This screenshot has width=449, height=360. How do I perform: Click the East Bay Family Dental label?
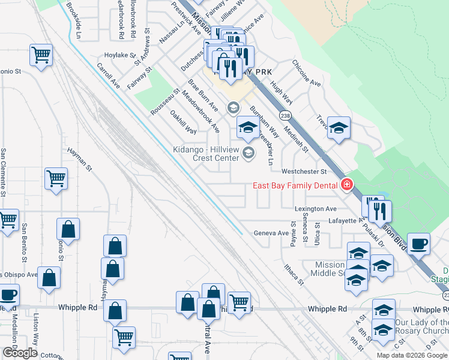(x=294, y=185)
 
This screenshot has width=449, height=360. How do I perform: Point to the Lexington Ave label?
(x=316, y=209)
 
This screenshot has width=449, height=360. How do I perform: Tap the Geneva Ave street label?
(x=271, y=233)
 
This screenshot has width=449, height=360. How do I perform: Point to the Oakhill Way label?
(x=183, y=122)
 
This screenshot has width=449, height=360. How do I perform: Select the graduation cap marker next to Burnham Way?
(x=247, y=127)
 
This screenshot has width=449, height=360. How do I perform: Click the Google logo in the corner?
(x=20, y=353)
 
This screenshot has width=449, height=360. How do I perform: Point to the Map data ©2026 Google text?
(x=412, y=355)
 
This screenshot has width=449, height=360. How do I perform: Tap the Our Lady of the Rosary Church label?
(x=421, y=327)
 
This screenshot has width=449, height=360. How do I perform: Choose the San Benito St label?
(x=24, y=244)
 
